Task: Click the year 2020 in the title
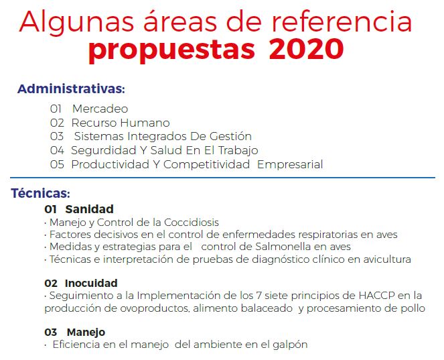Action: (x=307, y=49)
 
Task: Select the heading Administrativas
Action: (x=71, y=89)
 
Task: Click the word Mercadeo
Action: (x=100, y=109)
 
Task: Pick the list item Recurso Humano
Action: (x=121, y=123)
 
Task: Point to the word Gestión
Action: (x=230, y=136)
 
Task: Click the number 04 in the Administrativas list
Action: (x=57, y=150)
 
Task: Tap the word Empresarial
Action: (x=290, y=165)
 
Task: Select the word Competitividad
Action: (x=206, y=164)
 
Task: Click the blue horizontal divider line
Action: (x=222, y=178)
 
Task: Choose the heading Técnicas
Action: (x=40, y=193)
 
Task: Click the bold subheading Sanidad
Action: (x=90, y=209)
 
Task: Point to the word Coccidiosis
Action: (x=192, y=223)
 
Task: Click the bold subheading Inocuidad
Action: (x=91, y=283)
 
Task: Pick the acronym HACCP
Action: (x=376, y=296)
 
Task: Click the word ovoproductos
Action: (x=154, y=308)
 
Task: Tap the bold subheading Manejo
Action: (x=86, y=333)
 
